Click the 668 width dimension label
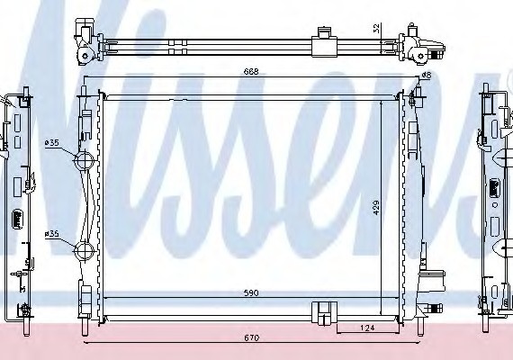click(251, 71)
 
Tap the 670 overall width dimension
click(252, 337)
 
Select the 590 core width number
click(251, 292)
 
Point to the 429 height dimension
click(376, 208)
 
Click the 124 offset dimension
click(367, 328)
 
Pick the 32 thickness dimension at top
click(376, 28)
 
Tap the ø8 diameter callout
click(427, 76)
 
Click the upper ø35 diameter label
click(51, 143)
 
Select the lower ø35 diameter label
click(51, 234)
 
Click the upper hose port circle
click(84, 161)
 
